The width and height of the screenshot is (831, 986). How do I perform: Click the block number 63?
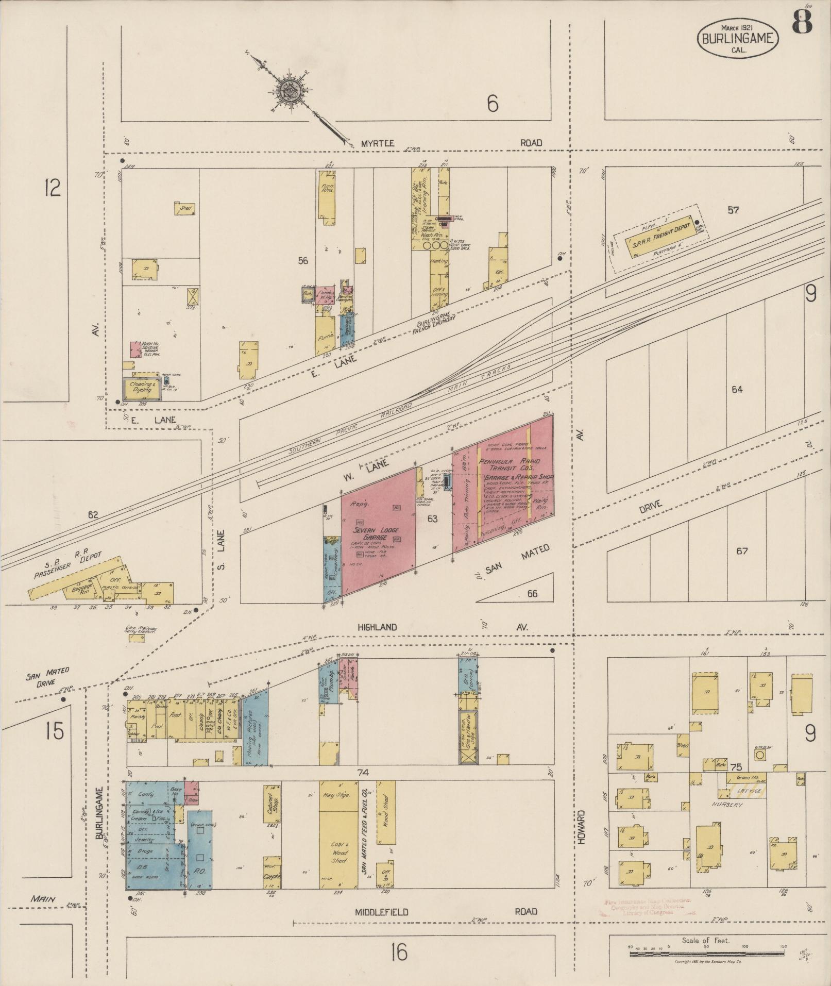(x=432, y=519)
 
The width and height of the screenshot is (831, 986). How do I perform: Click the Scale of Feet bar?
(x=706, y=954)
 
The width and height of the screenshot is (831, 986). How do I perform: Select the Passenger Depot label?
(x=67, y=568)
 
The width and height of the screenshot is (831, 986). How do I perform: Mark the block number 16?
(x=398, y=952)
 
